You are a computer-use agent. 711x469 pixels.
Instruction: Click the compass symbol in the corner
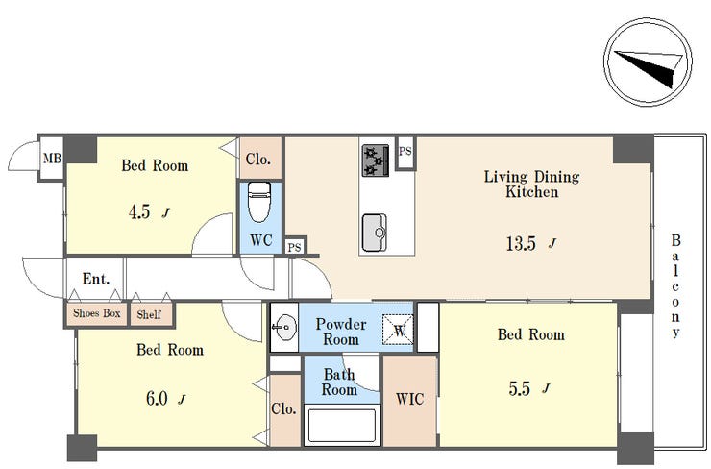[x=648, y=62]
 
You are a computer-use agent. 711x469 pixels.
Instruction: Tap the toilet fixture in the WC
[x=259, y=202]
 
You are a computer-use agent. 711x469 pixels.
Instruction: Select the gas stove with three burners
[x=376, y=160]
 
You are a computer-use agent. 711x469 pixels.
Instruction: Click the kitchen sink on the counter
[x=375, y=233]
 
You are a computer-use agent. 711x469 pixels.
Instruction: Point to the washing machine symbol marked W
[x=398, y=330]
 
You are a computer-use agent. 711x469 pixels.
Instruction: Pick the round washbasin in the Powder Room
[x=284, y=327]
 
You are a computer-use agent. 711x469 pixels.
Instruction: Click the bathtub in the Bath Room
[x=342, y=426]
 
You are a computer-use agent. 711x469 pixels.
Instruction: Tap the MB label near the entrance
[x=52, y=159]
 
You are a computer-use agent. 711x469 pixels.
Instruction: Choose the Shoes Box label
[x=97, y=313]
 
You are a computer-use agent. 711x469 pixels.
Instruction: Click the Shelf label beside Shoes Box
[x=149, y=314]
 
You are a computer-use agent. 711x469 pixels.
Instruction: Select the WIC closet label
[x=410, y=399]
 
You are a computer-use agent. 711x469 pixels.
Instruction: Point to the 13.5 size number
[x=521, y=244]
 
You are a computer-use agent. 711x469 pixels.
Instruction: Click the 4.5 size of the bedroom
[x=139, y=211]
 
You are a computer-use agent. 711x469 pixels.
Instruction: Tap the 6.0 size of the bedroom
[x=157, y=399]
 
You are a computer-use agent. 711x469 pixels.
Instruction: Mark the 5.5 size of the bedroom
[x=519, y=388]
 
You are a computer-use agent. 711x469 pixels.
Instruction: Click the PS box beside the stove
[x=405, y=152]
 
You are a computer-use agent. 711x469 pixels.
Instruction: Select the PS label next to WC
[x=294, y=248]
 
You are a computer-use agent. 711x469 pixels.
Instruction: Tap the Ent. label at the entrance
[x=96, y=279]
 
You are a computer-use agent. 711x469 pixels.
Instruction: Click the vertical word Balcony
[x=675, y=286]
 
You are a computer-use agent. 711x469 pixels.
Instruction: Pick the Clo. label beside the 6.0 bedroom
[x=283, y=408]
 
